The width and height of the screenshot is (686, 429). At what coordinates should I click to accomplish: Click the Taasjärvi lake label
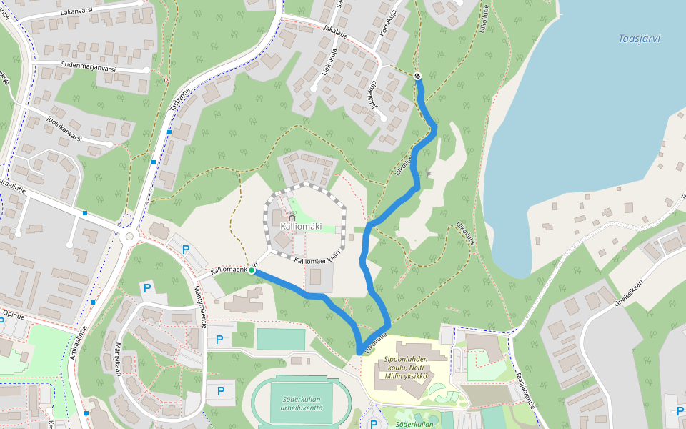tap(640, 39)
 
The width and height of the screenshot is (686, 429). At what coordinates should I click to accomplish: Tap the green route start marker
tap(252, 271)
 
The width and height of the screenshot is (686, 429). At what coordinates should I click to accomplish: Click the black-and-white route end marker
tap(417, 76)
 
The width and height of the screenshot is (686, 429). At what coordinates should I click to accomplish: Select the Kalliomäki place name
tap(301, 227)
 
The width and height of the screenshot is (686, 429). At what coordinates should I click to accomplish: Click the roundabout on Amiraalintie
tap(129, 236)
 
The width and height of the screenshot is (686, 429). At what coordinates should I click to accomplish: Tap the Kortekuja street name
tap(389, 24)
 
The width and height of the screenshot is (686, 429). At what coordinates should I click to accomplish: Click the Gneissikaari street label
tap(633, 292)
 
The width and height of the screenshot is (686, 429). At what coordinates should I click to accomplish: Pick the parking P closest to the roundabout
tap(186, 250)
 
